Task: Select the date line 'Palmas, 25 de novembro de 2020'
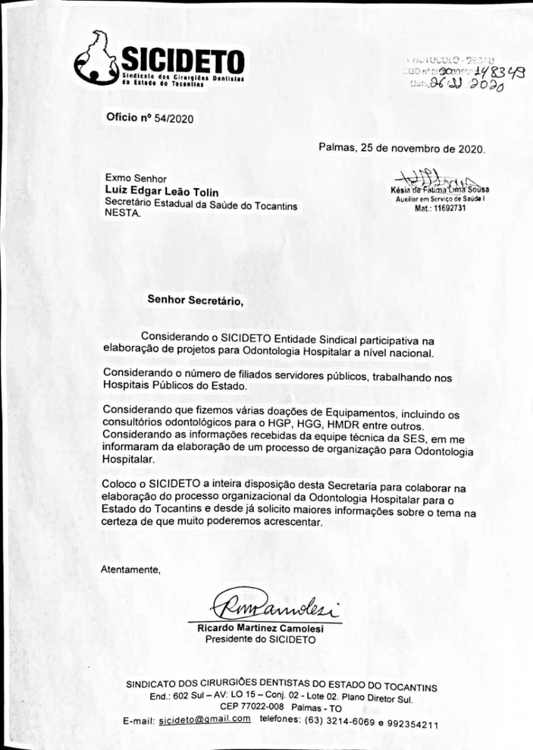(401, 148)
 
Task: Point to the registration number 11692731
(449, 208)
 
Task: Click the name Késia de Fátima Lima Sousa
(440, 189)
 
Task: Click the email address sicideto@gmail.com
(205, 719)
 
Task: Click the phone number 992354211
(412, 724)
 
